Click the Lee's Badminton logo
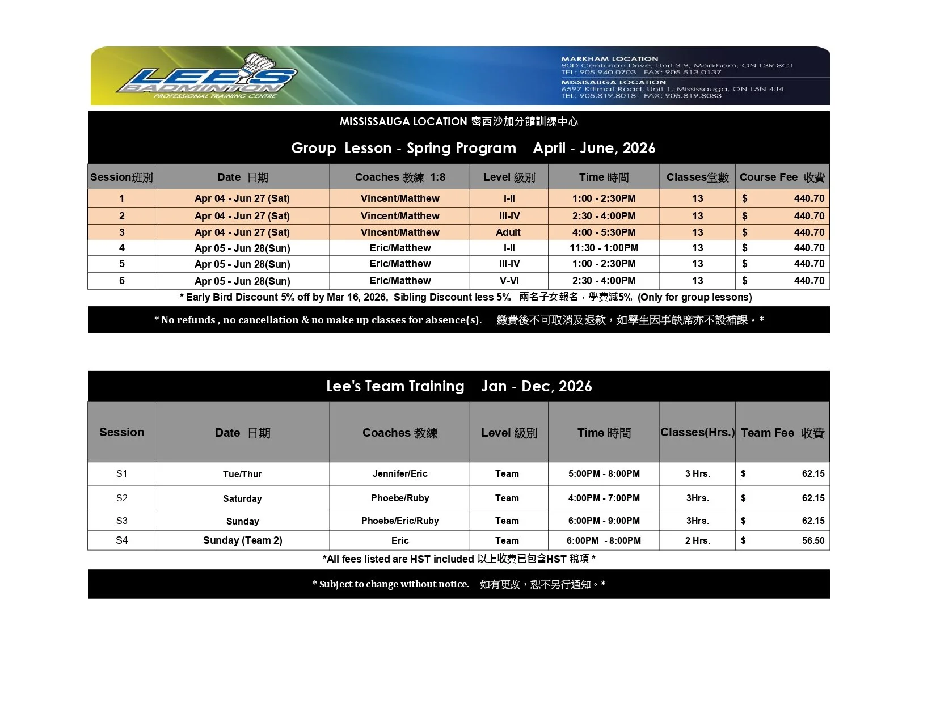pyautogui.click(x=207, y=77)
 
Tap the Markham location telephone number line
pyautogui.click(x=641, y=72)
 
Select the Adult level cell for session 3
pyautogui.click(x=508, y=232)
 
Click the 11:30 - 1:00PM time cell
pyautogui.click(x=604, y=248)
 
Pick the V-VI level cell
pyautogui.click(x=509, y=281)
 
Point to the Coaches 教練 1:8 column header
pyautogui.click(x=400, y=177)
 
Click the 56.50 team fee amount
pyautogui.click(x=812, y=540)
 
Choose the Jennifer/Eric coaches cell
pyautogui.click(x=400, y=473)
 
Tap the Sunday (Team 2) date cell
pyautogui.click(x=242, y=540)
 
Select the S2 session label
pyautogui.click(x=121, y=498)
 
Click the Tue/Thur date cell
pyautogui.click(x=242, y=474)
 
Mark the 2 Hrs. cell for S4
pyautogui.click(x=697, y=540)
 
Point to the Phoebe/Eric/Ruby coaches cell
pyautogui.click(x=400, y=521)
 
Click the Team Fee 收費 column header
pyautogui.click(x=782, y=433)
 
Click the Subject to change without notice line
pyautogui.click(x=458, y=584)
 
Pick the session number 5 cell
pyautogui.click(x=121, y=264)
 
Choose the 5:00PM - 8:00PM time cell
pyautogui.click(x=604, y=473)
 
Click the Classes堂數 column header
pyautogui.click(x=697, y=177)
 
